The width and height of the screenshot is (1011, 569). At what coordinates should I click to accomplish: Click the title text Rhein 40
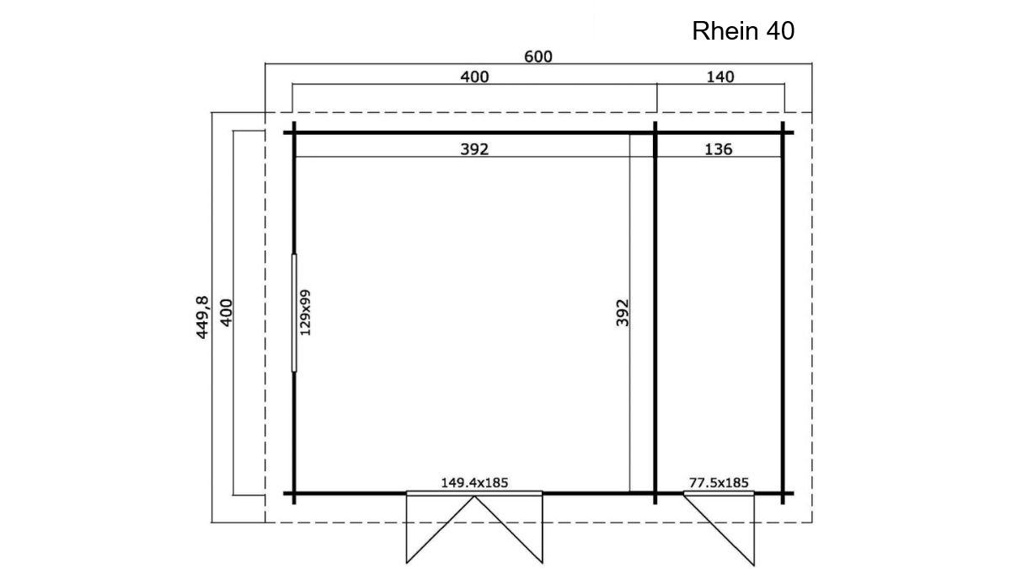point(743,30)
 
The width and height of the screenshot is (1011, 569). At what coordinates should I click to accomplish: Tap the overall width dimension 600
point(538,56)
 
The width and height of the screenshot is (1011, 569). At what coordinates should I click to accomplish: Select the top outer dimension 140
point(719,77)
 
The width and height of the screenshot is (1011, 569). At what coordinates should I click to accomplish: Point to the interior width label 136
point(718,149)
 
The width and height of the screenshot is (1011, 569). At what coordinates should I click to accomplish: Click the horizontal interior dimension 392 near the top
point(474,149)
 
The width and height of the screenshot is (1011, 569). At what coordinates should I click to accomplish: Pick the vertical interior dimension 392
point(623,313)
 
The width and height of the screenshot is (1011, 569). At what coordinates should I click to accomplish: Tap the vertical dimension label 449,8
point(203,317)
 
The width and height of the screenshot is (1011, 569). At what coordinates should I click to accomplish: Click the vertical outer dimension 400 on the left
point(226,313)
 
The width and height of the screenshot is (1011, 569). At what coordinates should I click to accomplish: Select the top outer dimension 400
point(474,77)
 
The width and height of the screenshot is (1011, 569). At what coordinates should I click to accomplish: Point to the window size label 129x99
point(306,313)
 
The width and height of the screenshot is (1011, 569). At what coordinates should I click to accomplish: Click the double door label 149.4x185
point(474,483)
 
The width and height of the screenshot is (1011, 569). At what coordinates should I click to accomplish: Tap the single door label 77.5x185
point(719,483)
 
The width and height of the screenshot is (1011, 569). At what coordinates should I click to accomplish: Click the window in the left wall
point(294,313)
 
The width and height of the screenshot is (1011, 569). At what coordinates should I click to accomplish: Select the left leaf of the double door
point(440,529)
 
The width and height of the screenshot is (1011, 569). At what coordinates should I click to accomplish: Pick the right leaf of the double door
point(509,529)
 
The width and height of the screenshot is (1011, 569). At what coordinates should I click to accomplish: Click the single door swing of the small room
point(719,529)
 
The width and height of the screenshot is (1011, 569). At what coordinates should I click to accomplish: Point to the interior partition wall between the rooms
point(655,313)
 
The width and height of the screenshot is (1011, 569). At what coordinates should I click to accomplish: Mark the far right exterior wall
point(783,313)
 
